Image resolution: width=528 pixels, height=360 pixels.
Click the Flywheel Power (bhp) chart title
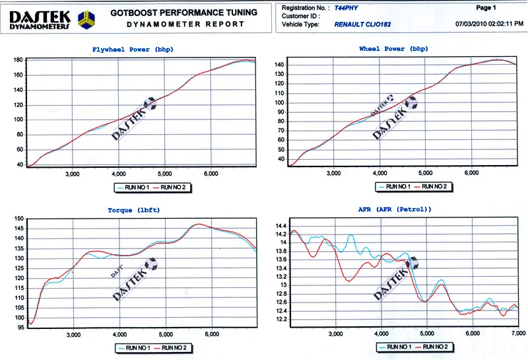(133, 50)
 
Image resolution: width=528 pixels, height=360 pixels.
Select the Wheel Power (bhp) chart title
(393, 49)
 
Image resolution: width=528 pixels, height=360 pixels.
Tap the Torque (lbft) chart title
(134, 210)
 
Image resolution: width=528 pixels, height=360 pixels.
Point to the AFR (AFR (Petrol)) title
(395, 209)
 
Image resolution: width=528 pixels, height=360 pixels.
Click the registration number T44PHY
(346, 8)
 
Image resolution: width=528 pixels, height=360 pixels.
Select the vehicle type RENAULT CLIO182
(362, 24)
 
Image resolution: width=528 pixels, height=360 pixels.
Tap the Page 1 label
(486, 7)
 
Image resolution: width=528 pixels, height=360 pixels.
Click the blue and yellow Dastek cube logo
(86, 20)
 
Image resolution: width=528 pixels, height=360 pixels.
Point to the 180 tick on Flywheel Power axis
(18, 60)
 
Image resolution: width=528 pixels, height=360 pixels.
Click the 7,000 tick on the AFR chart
(519, 334)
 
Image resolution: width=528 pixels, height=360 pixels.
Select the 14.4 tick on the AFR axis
(281, 226)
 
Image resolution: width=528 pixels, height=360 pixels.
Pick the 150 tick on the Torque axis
(20, 219)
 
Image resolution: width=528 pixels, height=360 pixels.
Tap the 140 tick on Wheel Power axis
(279, 65)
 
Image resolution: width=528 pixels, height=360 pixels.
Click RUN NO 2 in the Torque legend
(174, 348)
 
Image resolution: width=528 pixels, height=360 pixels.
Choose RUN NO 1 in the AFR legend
(399, 347)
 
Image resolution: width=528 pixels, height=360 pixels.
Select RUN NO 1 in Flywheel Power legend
(137, 188)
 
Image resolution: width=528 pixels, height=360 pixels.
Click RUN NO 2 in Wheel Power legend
(434, 187)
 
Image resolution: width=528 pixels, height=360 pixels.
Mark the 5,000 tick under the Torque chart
(166, 334)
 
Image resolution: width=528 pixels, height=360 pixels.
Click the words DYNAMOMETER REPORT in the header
(185, 24)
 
